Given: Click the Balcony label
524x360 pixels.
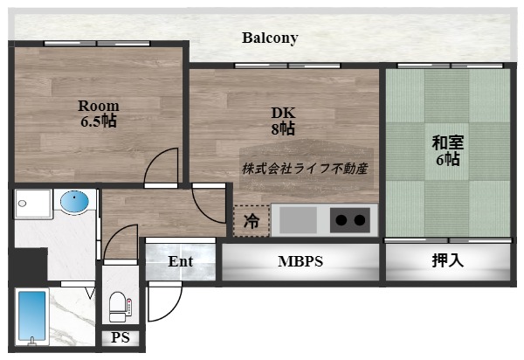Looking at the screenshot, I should click(x=270, y=38).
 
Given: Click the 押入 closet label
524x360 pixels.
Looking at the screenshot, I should click(x=447, y=260).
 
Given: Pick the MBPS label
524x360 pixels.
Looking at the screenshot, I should click(x=300, y=260).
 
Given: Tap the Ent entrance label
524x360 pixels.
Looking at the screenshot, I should click(x=181, y=260).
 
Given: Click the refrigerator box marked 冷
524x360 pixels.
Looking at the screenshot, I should click(x=252, y=221).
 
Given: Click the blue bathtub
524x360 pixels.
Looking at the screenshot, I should click(x=32, y=319).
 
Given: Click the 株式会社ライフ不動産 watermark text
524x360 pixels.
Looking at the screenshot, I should click(x=305, y=168).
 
